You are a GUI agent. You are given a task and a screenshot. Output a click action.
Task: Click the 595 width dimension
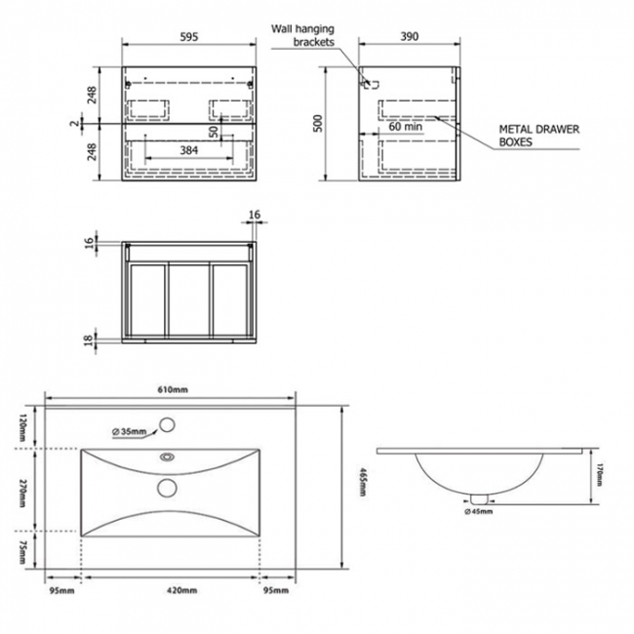click(x=189, y=37)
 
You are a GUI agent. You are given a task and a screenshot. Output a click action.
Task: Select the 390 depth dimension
click(x=409, y=37)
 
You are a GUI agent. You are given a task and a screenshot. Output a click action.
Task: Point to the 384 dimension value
click(x=189, y=151)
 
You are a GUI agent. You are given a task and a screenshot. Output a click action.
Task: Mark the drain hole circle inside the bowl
click(x=166, y=487)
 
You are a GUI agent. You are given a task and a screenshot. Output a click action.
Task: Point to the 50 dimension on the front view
click(x=212, y=130)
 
